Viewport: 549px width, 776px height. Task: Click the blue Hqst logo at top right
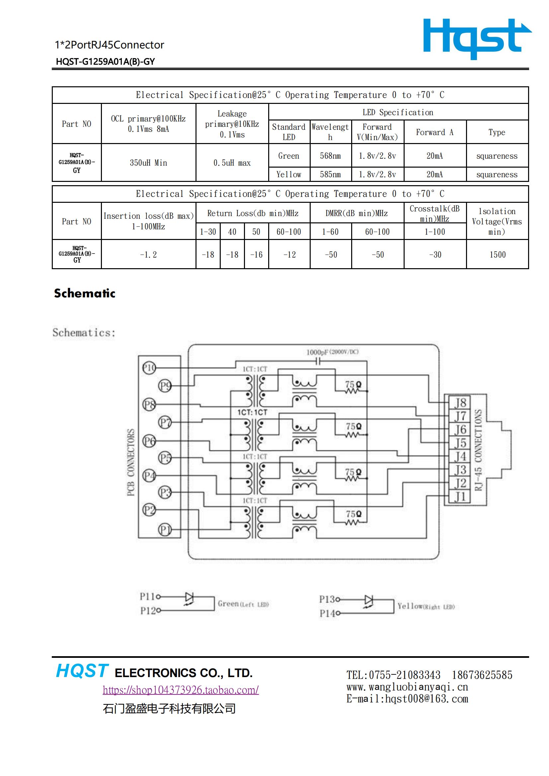477,39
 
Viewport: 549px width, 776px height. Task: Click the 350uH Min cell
148,163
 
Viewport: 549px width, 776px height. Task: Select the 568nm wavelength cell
330,156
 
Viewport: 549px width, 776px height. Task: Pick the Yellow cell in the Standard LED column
289,174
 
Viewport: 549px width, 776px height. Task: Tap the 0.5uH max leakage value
232,163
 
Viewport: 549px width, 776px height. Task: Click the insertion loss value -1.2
148,255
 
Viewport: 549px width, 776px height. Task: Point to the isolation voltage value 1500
498,255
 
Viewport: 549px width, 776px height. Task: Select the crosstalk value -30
435,255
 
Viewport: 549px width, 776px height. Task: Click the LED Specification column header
398,112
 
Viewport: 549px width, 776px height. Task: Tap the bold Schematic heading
85,293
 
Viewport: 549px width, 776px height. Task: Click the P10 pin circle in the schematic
149,368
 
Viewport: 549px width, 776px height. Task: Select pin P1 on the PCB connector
165,530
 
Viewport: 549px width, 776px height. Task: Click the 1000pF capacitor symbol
318,361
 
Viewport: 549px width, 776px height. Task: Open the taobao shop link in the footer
181,689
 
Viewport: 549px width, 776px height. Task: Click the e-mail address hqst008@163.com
427,699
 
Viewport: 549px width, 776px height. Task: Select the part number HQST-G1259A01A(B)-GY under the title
106,61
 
